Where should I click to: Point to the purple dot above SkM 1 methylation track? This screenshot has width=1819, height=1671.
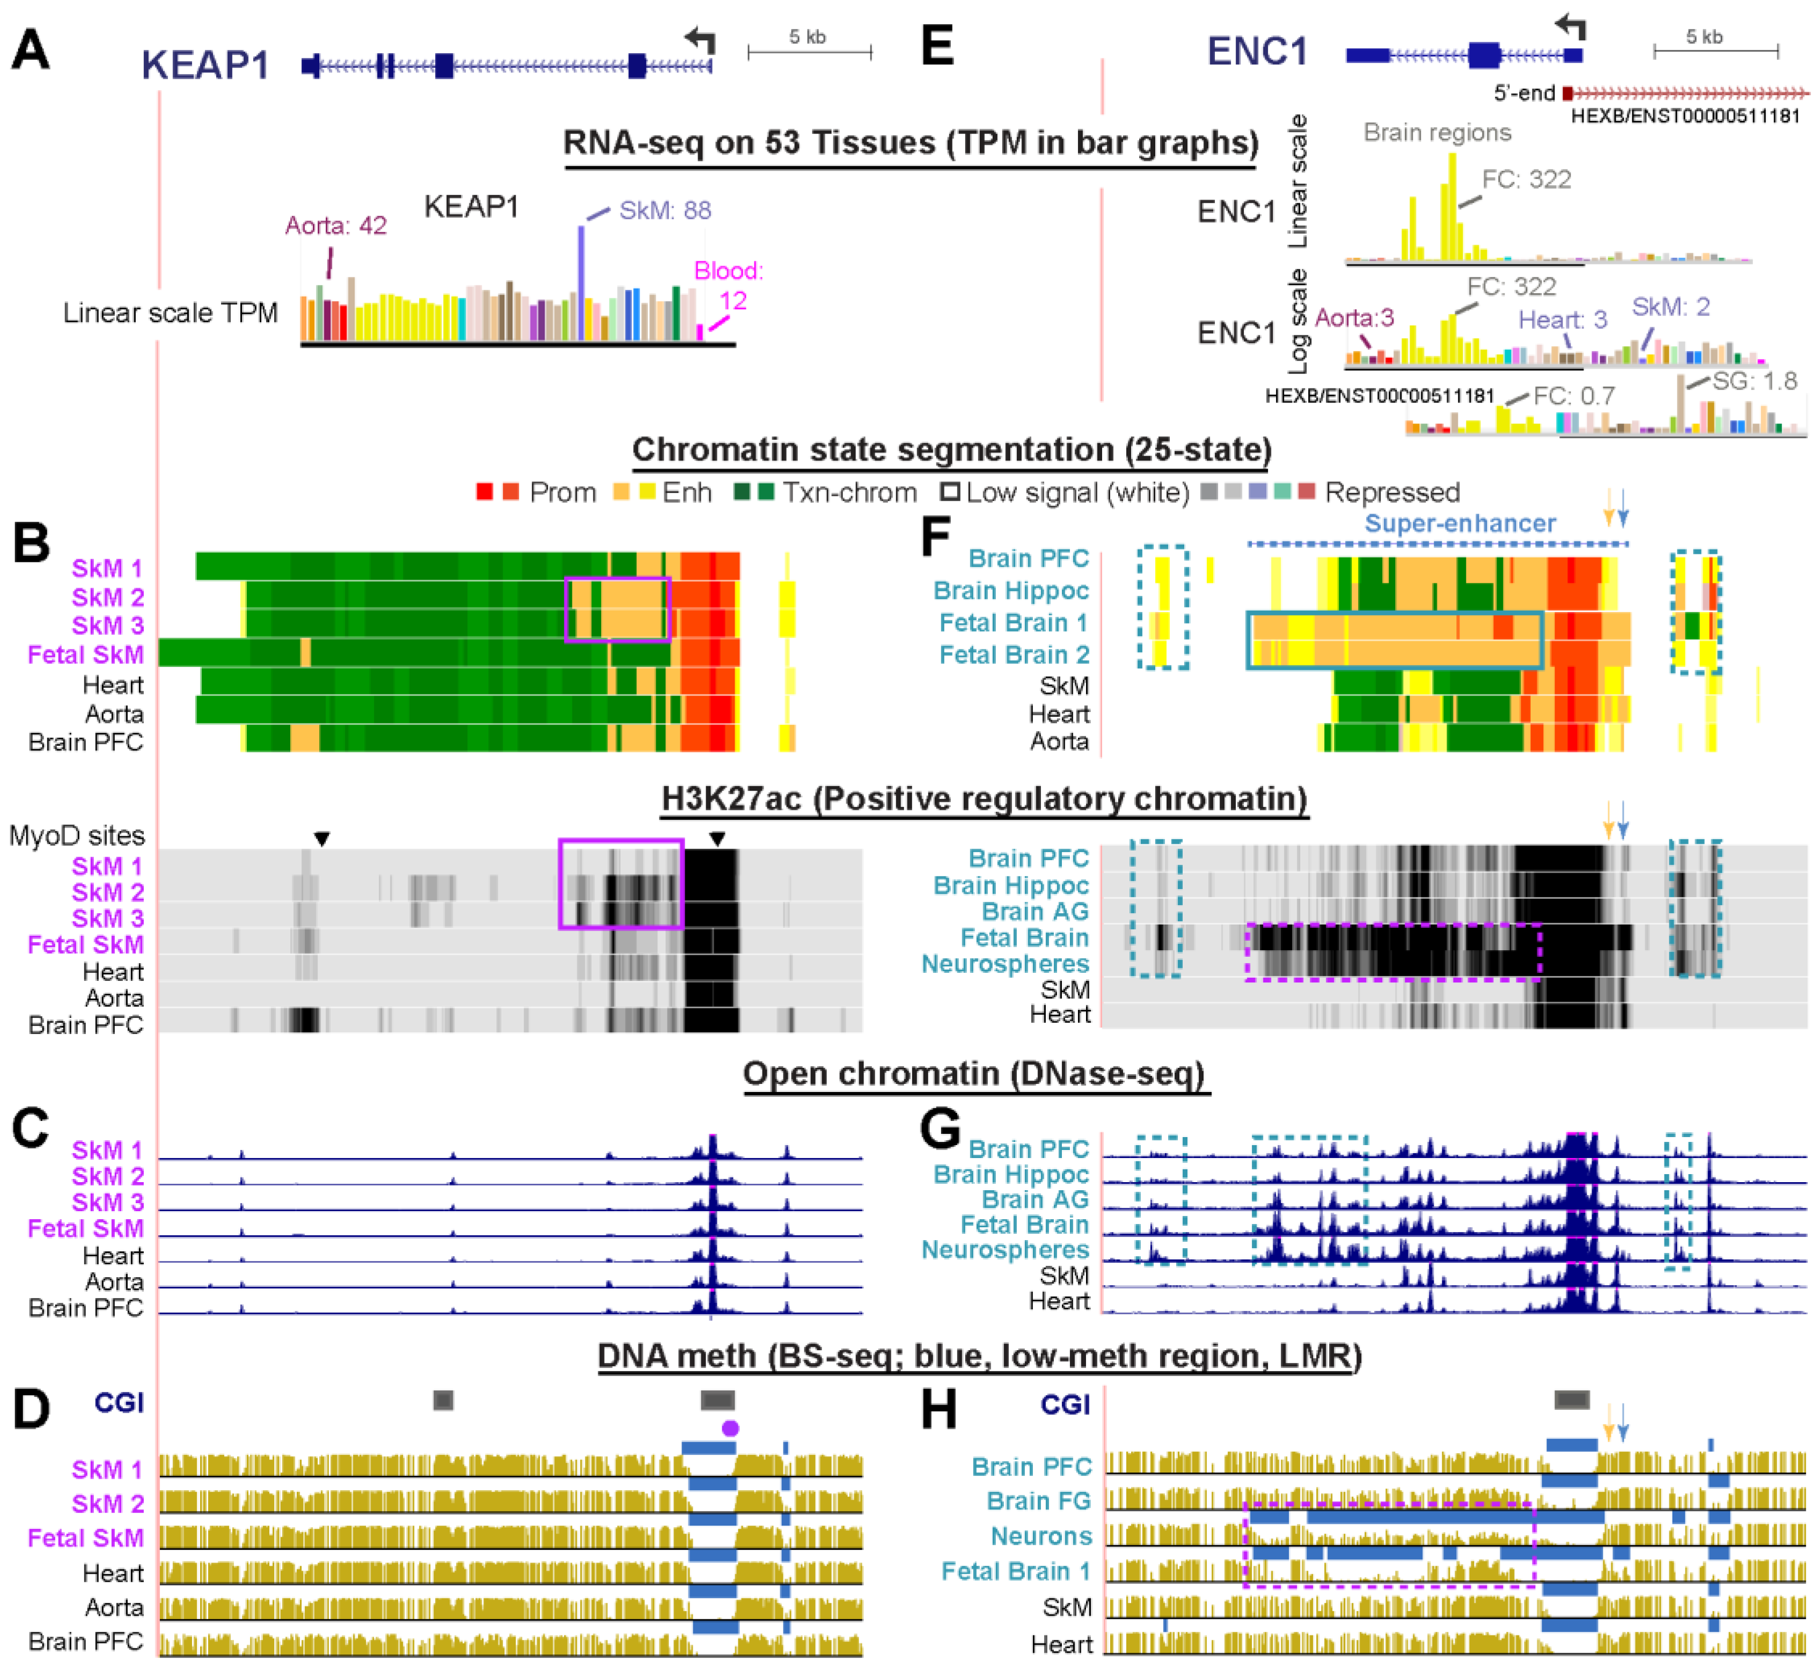pos(730,1428)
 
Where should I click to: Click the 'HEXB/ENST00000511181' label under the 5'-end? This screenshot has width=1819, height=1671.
pos(1685,116)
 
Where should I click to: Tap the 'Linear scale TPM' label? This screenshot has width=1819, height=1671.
pos(170,313)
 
